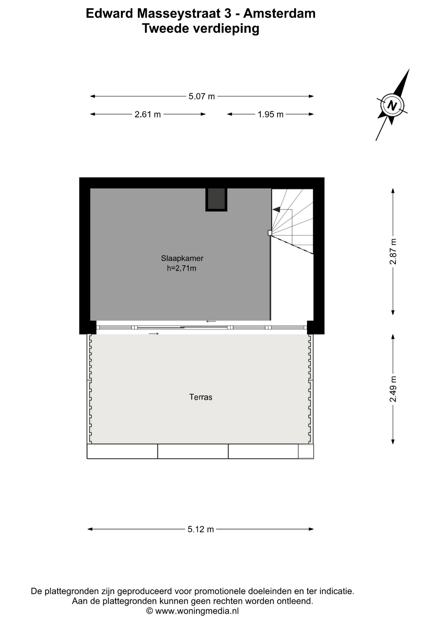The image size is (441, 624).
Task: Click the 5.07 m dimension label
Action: click(202, 97)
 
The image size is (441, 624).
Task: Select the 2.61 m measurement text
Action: click(148, 114)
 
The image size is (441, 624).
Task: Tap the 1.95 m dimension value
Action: click(271, 114)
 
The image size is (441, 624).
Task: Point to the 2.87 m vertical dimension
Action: click(393, 252)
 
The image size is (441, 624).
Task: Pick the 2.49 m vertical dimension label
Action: click(393, 389)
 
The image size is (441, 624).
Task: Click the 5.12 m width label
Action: click(201, 529)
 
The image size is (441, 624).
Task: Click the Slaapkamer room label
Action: click(182, 258)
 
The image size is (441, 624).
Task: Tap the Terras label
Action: click(201, 397)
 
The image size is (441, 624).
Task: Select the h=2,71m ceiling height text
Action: click(182, 268)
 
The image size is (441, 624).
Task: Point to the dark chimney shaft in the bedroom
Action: click(216, 200)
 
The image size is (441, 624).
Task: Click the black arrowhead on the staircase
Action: click(276, 210)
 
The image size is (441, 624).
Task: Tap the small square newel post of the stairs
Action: click(270, 233)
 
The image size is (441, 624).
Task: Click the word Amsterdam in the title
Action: click(279, 13)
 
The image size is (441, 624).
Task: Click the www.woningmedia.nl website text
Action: click(197, 611)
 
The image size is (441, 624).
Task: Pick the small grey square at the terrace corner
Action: click(306, 451)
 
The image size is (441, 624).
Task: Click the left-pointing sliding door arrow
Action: click(211, 321)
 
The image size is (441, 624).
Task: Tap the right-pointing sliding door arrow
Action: click(154, 334)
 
